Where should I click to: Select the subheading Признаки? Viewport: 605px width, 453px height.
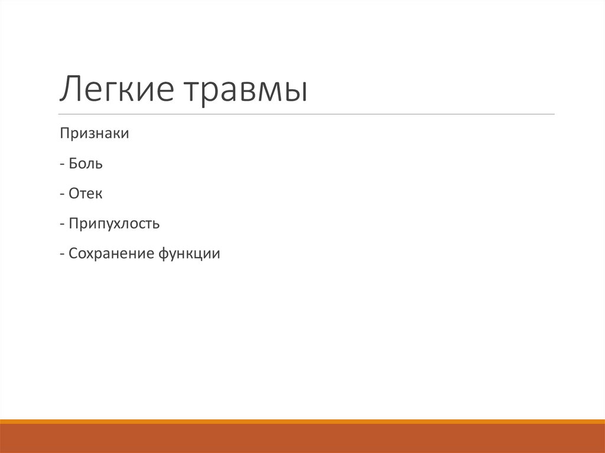94,134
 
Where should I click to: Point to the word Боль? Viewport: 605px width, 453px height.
86,164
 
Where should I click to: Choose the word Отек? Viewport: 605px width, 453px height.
85,194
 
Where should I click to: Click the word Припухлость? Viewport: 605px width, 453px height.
114,224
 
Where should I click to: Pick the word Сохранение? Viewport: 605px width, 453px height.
110,255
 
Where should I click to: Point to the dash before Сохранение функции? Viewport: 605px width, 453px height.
62,255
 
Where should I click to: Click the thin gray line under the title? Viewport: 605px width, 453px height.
307,114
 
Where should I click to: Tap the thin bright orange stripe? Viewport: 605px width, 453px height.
302,421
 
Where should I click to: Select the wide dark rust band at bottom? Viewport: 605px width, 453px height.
302,438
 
